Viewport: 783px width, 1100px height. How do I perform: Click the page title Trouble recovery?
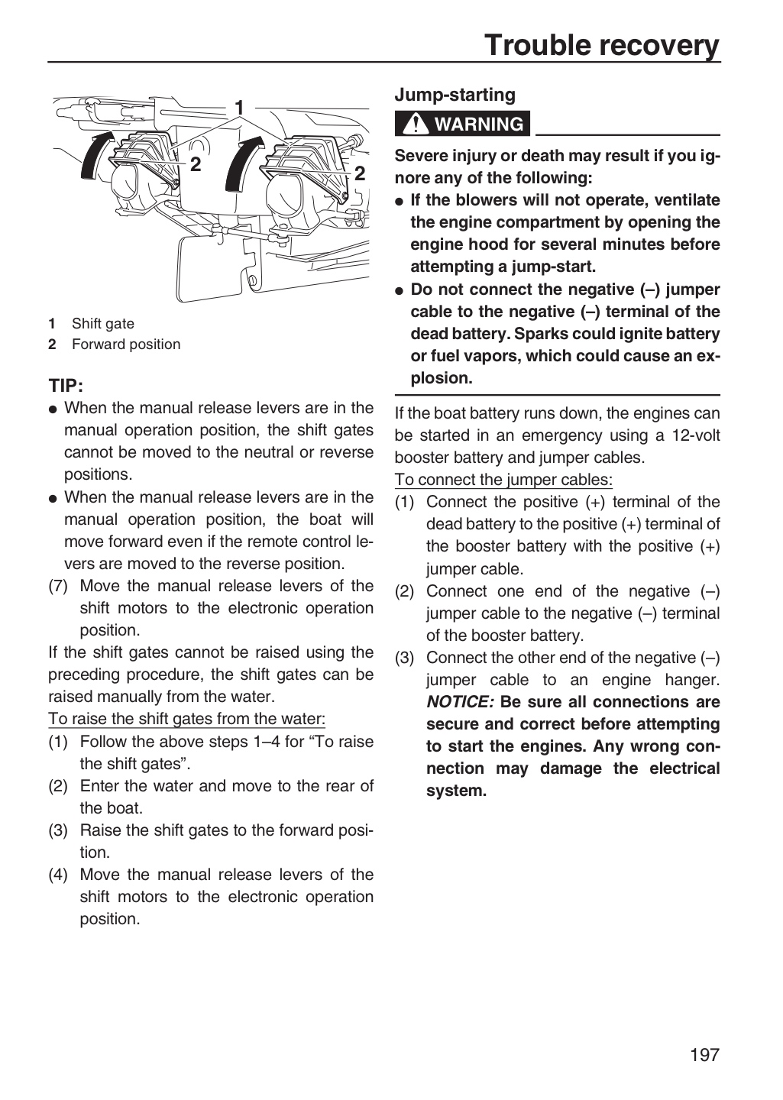coord(602,45)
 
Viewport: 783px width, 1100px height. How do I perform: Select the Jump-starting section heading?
coord(455,95)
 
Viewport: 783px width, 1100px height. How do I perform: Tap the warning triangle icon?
coord(416,124)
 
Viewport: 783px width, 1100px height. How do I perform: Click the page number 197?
coord(705,1054)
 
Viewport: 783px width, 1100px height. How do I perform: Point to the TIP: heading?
coord(66,386)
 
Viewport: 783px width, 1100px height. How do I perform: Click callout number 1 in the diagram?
coord(239,108)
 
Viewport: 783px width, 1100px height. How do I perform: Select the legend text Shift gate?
coord(102,324)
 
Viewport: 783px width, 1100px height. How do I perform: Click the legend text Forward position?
coord(126,345)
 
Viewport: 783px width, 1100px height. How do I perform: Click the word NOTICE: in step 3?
coord(460,702)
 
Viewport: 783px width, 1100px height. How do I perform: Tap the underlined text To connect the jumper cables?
coord(503,480)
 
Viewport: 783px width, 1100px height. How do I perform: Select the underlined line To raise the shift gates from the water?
coord(186,719)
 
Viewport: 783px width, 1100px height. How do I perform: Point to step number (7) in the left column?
coord(58,586)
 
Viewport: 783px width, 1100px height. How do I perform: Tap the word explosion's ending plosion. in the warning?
coord(442,378)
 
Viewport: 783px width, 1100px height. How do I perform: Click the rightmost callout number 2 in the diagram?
coord(360,173)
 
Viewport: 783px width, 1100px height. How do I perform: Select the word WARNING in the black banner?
coord(479,124)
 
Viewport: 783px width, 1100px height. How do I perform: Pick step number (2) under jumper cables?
coord(405,591)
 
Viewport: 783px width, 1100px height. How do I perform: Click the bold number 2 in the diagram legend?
coord(52,345)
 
